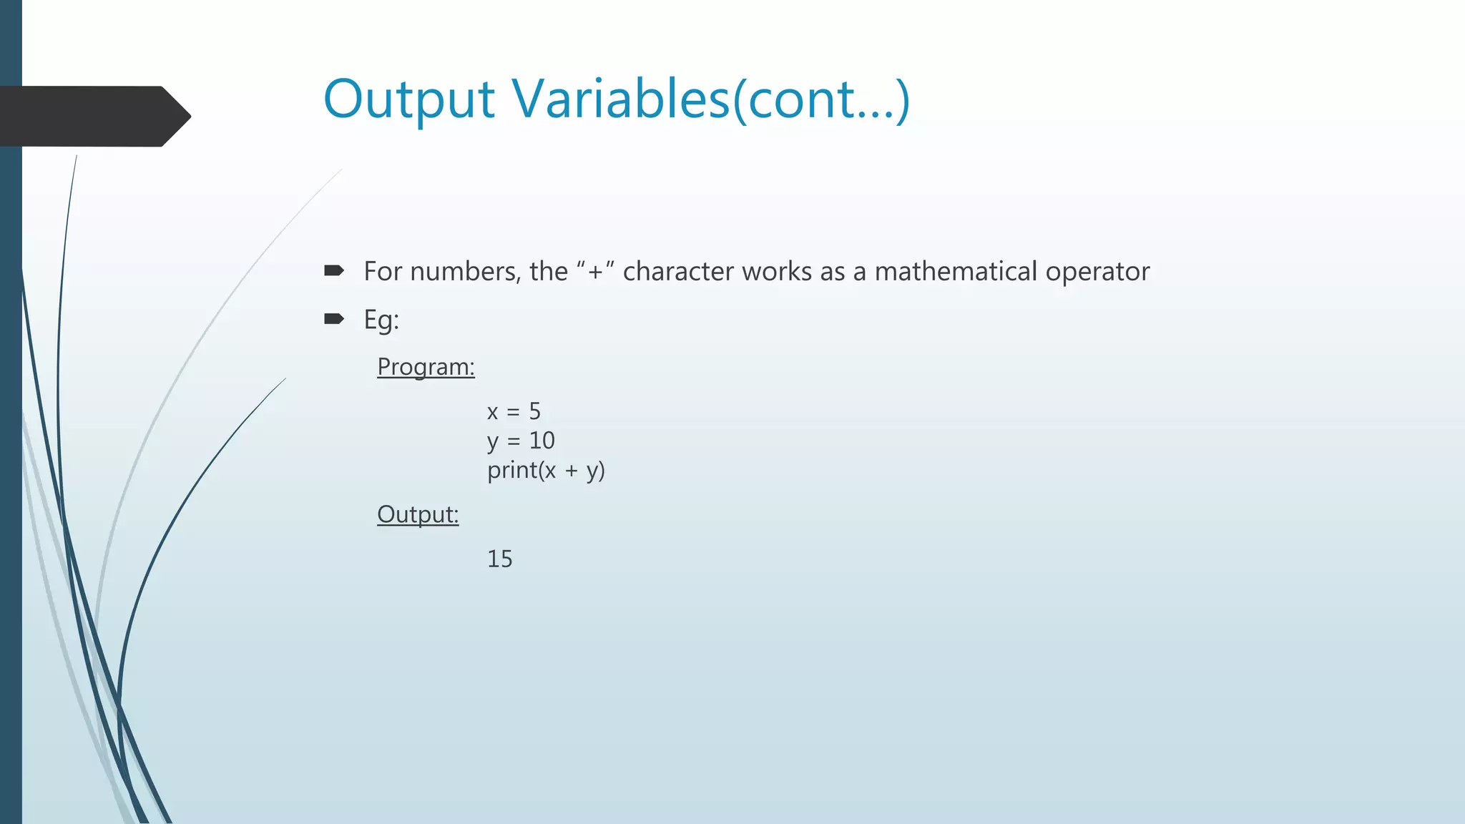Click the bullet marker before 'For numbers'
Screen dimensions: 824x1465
click(x=334, y=270)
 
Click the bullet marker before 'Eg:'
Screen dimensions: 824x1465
click(x=334, y=318)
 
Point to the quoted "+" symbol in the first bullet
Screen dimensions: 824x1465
click(x=595, y=272)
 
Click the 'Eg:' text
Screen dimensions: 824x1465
click(x=381, y=319)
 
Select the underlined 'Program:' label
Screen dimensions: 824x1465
click(x=426, y=366)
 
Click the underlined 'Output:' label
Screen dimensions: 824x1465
click(x=418, y=514)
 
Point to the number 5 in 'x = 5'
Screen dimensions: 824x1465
click(x=534, y=411)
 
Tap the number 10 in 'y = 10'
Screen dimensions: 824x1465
click(x=542, y=441)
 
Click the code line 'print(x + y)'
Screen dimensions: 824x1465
click(x=546, y=470)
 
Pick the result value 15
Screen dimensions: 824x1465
click(x=500, y=559)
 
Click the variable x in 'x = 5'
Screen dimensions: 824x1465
click(x=492, y=412)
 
